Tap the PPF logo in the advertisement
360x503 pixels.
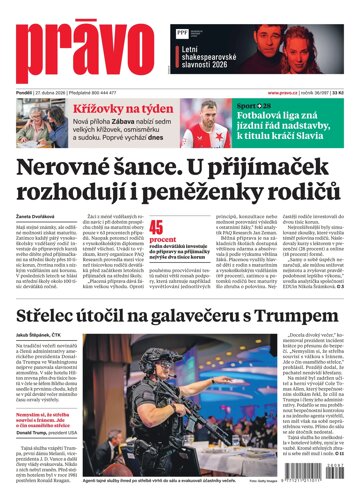(182, 32)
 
